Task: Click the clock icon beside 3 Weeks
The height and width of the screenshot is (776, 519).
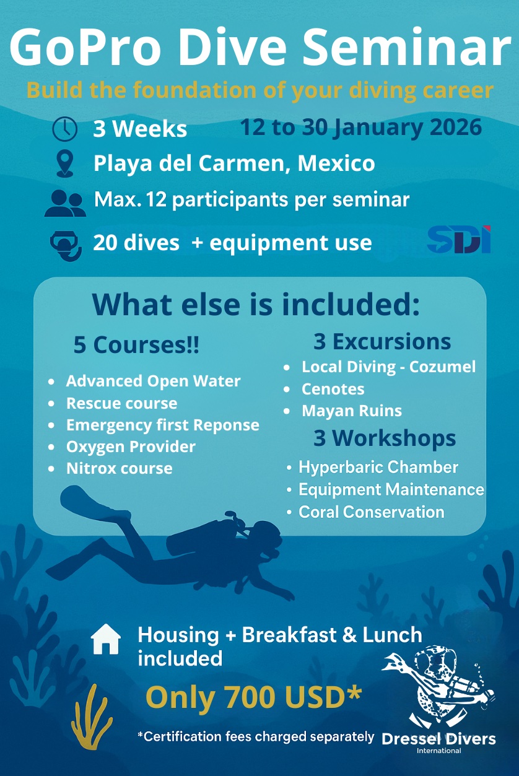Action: coord(64,129)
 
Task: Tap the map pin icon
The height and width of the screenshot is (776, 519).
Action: coord(65,164)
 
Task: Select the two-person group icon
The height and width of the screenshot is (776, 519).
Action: coord(65,203)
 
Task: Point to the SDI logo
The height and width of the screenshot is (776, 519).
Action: coord(459,240)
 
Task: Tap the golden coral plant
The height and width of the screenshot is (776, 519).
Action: coord(91,716)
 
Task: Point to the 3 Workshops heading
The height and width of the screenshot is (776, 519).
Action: coord(385,438)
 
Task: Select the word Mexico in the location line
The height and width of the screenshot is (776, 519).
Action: coord(336,163)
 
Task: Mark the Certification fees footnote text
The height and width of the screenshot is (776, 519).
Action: coord(256,737)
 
